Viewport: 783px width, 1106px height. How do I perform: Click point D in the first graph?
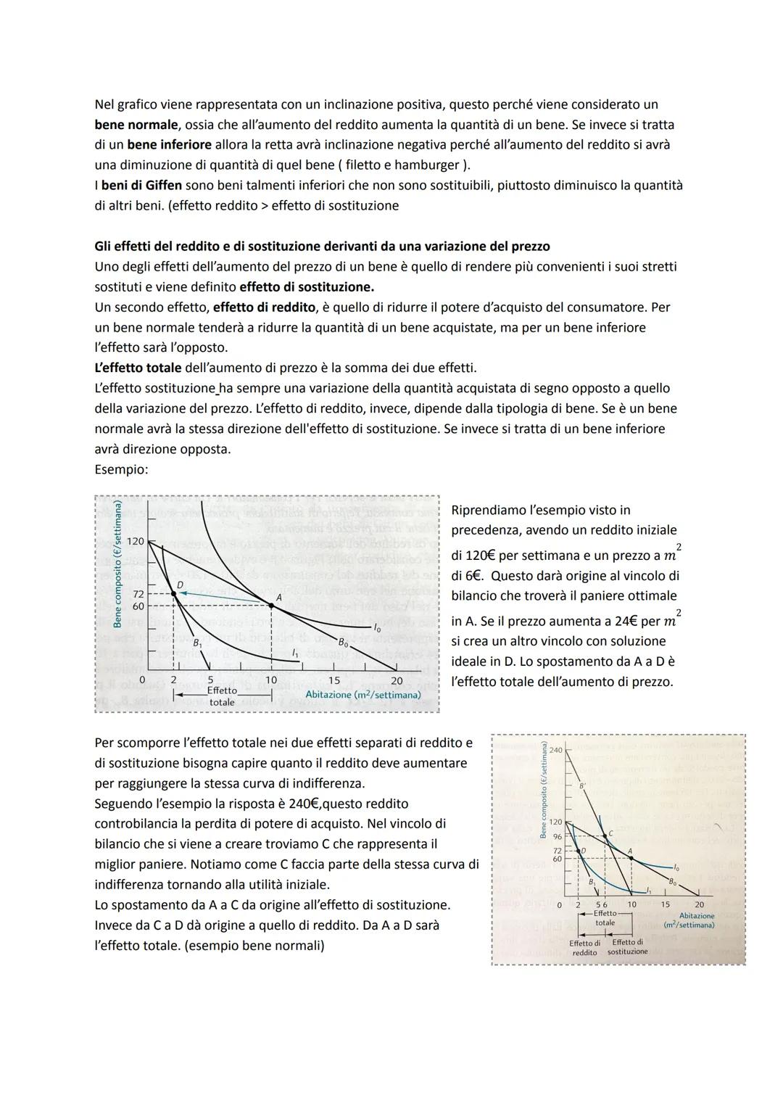[173, 593]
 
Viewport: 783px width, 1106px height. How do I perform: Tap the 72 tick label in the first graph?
[137, 593]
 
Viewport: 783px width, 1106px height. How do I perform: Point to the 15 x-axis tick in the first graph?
[333, 680]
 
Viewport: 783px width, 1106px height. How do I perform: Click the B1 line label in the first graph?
[198, 642]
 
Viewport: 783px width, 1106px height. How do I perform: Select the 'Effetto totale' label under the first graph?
[222, 696]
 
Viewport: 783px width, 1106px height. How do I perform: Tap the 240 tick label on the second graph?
[555, 749]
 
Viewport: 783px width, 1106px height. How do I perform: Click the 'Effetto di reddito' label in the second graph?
[584, 947]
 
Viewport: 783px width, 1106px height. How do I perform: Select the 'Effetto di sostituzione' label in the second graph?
[627, 947]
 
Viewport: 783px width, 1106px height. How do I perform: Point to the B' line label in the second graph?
[581, 785]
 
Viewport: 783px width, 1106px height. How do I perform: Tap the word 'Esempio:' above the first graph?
[121, 469]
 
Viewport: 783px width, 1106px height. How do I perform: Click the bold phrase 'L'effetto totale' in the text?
[138, 368]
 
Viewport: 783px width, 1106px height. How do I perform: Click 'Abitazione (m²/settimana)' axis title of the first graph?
[363, 695]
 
